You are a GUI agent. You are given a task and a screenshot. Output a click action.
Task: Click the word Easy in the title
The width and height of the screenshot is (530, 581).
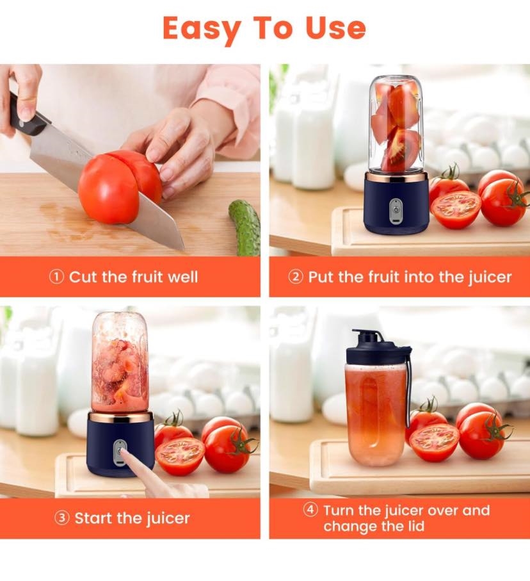tap(202, 29)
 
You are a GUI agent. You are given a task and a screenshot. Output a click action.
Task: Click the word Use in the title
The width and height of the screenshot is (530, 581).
tap(335, 28)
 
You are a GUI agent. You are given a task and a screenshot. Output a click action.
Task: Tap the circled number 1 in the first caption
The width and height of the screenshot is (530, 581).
tap(56, 277)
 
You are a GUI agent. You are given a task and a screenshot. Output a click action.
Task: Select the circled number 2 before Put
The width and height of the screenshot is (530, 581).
tap(296, 277)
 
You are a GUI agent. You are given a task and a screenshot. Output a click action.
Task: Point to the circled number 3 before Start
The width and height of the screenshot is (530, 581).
tap(61, 518)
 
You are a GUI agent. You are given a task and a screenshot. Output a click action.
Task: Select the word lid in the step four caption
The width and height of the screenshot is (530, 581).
tap(416, 526)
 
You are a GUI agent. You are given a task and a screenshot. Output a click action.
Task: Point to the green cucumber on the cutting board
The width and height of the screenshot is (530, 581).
tap(245, 227)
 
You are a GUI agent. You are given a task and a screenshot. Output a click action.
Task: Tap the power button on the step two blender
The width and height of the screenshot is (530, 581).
tap(396, 209)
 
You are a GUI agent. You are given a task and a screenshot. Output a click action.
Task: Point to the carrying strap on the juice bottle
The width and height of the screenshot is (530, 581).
tap(408, 389)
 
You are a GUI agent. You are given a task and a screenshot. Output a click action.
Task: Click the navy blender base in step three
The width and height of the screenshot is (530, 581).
tap(120, 445)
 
